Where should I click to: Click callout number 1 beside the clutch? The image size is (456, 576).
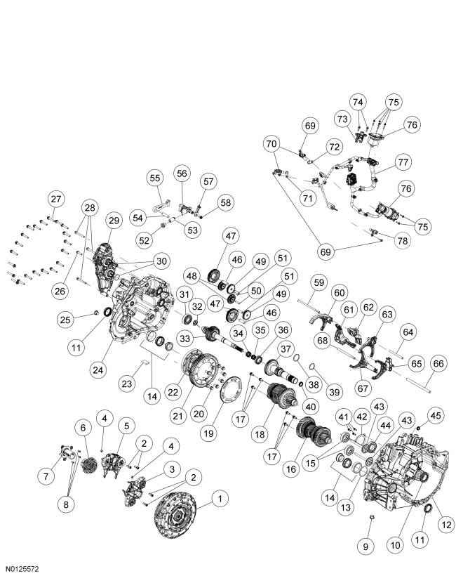(220, 499)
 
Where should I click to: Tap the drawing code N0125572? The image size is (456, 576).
(22, 570)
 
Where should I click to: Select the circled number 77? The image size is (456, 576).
(403, 162)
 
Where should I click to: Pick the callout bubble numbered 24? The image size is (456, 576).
(98, 369)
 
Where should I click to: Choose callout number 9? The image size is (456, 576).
(366, 546)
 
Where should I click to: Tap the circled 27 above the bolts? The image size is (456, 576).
(56, 199)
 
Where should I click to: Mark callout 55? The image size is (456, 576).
(155, 178)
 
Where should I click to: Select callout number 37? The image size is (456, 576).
(286, 348)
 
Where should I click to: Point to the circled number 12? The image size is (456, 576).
(446, 525)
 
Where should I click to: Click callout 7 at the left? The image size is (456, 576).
(46, 476)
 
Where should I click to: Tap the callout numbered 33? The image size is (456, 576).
(185, 339)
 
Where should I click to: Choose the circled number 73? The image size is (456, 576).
(342, 119)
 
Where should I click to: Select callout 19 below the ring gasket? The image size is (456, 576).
(208, 433)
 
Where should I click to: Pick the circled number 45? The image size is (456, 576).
(436, 415)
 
